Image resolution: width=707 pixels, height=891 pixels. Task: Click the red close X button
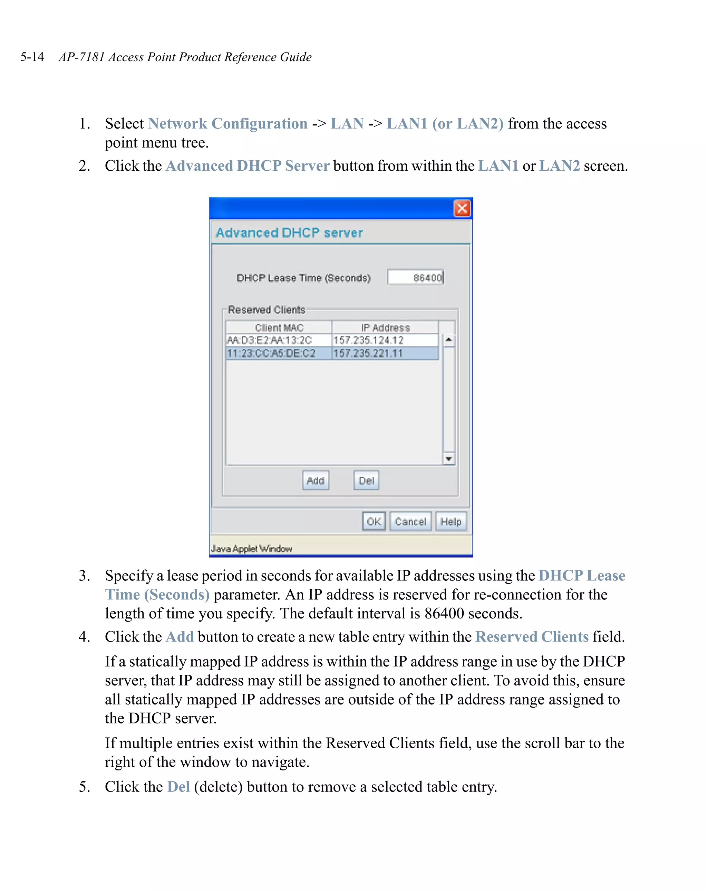click(462, 208)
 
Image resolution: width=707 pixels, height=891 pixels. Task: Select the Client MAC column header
click(279, 327)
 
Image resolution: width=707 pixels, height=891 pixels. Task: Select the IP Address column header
click(385, 327)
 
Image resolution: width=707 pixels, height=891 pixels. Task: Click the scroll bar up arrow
click(448, 340)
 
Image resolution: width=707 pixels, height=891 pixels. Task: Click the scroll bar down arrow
click(448, 459)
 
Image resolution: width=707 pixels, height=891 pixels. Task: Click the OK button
click(374, 521)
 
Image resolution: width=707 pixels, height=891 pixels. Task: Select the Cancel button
click(410, 521)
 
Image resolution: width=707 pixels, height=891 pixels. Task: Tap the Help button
click(451, 521)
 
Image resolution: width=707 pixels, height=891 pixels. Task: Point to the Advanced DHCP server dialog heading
click(289, 233)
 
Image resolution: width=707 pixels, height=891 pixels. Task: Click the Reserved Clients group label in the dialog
click(267, 310)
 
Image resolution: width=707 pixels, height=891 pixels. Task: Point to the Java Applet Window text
click(252, 548)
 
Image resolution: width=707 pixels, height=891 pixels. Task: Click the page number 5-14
click(32, 57)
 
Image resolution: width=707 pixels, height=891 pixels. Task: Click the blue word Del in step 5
click(178, 786)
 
